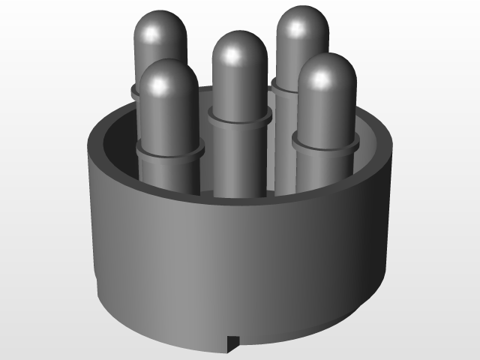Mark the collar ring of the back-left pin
pos(136,91)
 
